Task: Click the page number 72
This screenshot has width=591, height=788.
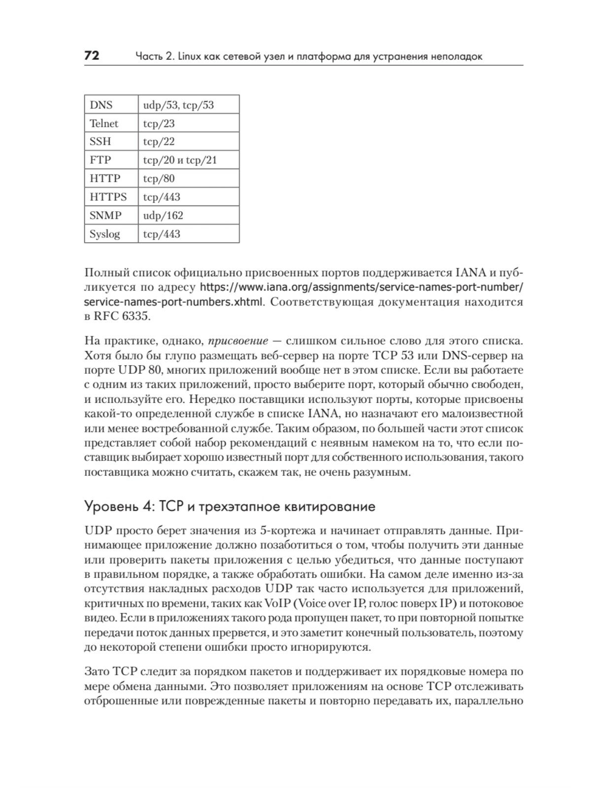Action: (92, 56)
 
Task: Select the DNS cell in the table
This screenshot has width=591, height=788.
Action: (101, 105)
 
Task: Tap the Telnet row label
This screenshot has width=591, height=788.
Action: (104, 123)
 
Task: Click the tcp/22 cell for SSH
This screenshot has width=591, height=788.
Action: (159, 142)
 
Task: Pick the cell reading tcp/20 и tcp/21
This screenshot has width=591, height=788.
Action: (180, 160)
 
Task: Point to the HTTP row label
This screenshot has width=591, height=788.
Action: (105, 178)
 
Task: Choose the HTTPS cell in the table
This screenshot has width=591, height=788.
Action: (108, 197)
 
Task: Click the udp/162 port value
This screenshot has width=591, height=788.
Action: (163, 215)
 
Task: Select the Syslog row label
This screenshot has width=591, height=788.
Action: (105, 234)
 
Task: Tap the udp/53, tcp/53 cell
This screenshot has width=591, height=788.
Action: (178, 105)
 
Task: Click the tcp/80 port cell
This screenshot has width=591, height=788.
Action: (159, 178)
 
